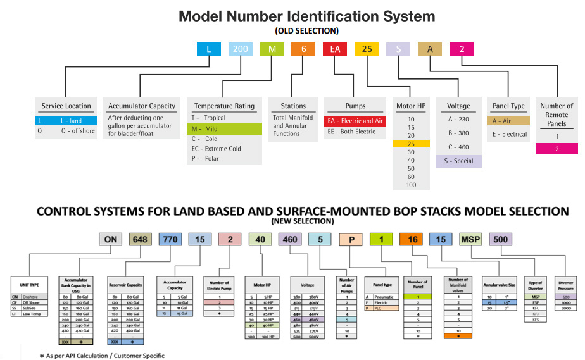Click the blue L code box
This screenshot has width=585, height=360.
tap(208, 49)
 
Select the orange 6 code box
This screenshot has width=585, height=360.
tap(303, 49)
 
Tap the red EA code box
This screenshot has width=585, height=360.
tap(334, 49)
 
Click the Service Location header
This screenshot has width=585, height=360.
tap(66, 106)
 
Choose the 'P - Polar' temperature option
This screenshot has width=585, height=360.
tap(206, 158)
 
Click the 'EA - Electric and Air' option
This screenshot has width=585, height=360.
tap(355, 121)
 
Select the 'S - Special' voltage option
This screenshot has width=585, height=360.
tap(458, 161)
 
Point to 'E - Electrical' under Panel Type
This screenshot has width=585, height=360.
tap(510, 134)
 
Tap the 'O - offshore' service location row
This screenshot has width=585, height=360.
tap(66, 131)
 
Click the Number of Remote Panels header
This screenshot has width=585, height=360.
tap(557, 115)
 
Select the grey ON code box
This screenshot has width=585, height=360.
tap(111, 240)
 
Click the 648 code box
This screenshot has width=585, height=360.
tap(141, 240)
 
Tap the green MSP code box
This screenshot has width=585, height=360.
tap(470, 240)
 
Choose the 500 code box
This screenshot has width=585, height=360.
tap(500, 240)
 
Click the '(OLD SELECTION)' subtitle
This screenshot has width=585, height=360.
tap(306, 30)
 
